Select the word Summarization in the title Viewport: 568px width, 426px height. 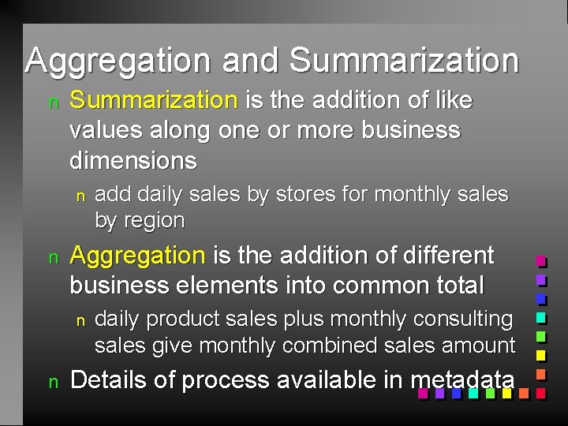pos(404,61)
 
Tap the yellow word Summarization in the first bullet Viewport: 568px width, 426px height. pos(153,100)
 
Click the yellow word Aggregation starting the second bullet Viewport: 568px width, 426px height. pos(137,255)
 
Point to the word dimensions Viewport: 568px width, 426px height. pos(133,161)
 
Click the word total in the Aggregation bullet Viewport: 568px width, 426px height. pos(460,284)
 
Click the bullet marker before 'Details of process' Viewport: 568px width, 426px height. pos(54,382)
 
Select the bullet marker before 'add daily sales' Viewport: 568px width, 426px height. pos(79,195)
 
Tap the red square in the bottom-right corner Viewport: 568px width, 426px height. pos(541,392)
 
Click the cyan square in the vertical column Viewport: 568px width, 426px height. pos(541,317)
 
